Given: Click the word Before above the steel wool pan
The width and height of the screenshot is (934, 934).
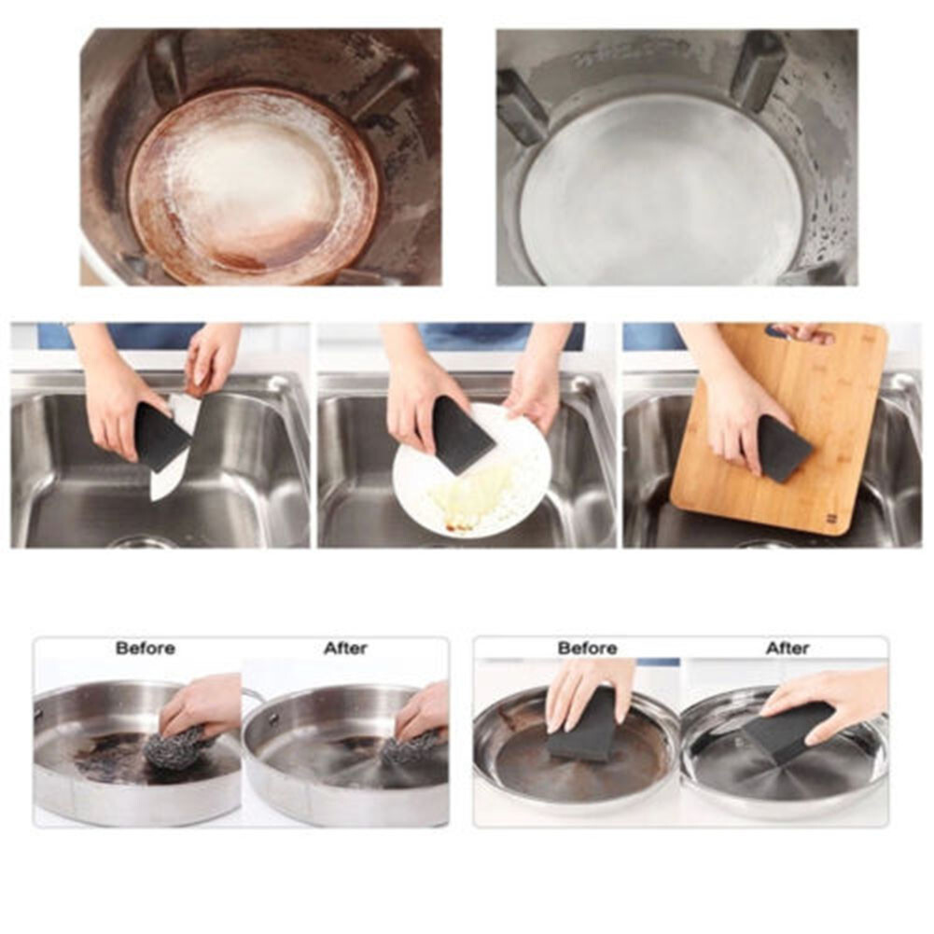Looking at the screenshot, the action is tap(146, 648).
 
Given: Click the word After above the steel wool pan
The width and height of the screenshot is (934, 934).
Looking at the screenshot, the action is tap(345, 648).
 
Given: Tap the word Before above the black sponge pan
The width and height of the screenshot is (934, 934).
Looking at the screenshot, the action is tap(587, 648).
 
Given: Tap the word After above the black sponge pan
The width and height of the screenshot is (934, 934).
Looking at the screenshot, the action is tap(788, 648).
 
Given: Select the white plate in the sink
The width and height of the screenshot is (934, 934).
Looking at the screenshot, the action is tap(470, 470).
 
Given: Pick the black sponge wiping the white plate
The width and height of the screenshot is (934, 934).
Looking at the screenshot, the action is tap(462, 435).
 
